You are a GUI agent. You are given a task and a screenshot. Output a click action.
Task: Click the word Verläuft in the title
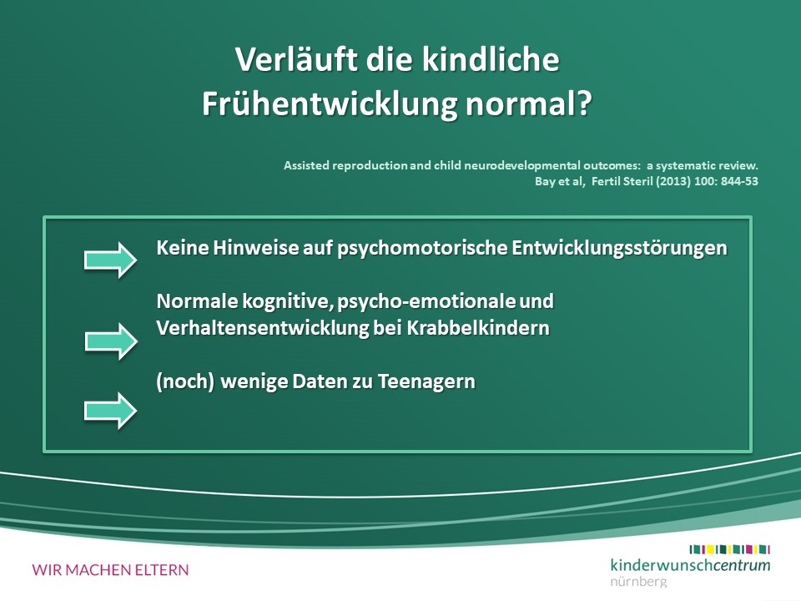[x=297, y=58]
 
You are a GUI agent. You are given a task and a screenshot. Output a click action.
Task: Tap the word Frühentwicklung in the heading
[x=330, y=104]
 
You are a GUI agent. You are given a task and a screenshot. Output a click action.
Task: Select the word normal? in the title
[x=529, y=104]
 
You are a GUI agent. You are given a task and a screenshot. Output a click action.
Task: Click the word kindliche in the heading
[x=491, y=58]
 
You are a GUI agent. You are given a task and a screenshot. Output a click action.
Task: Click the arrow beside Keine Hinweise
[x=110, y=260]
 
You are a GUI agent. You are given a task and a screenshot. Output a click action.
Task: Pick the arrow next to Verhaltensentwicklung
[x=111, y=341]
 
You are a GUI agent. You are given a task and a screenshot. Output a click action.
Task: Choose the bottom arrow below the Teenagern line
[x=110, y=411]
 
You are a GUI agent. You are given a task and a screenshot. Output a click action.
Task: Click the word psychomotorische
[x=422, y=248]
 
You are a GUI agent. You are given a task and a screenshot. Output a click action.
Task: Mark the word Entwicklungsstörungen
[x=620, y=248]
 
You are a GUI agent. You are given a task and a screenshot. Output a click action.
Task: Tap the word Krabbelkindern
[x=478, y=327]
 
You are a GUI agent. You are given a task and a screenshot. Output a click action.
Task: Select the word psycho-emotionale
[x=426, y=301]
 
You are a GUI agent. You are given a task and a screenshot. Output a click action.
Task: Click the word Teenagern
[x=426, y=381]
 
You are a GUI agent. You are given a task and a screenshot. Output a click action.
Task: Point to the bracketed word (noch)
[x=185, y=381]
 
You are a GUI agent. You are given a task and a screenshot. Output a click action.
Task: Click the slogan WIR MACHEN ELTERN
[x=110, y=570]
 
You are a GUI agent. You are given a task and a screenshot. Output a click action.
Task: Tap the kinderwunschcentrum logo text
[x=690, y=565]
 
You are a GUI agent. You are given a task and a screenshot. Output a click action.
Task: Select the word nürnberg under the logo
[x=638, y=582]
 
